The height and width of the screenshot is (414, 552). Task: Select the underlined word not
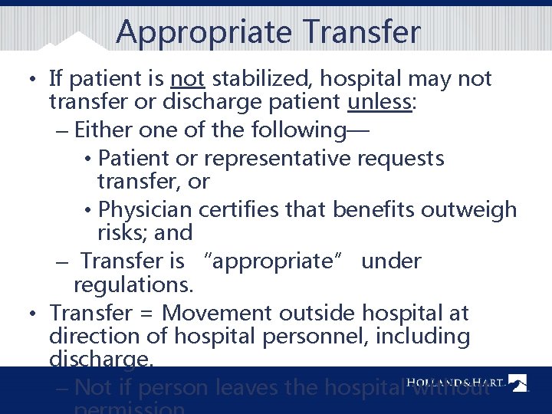click(186, 78)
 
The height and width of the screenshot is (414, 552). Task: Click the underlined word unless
click(380, 102)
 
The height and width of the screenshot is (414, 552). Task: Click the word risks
click(122, 232)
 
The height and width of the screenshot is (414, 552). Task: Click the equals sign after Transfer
click(148, 314)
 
